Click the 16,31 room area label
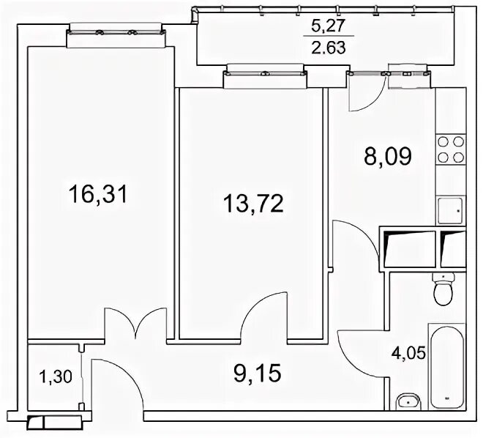click(98, 195)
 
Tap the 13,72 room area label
click(253, 204)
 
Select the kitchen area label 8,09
click(388, 156)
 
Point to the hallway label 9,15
click(258, 373)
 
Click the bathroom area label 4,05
click(408, 352)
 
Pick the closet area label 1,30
click(56, 376)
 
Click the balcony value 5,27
click(327, 26)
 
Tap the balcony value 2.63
click(329, 48)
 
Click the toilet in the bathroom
click(443, 289)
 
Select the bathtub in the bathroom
click(447, 367)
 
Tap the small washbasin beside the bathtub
click(408, 401)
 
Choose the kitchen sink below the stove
click(450, 210)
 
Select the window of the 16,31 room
click(116, 32)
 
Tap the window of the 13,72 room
click(265, 74)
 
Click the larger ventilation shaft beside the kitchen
click(409, 249)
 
